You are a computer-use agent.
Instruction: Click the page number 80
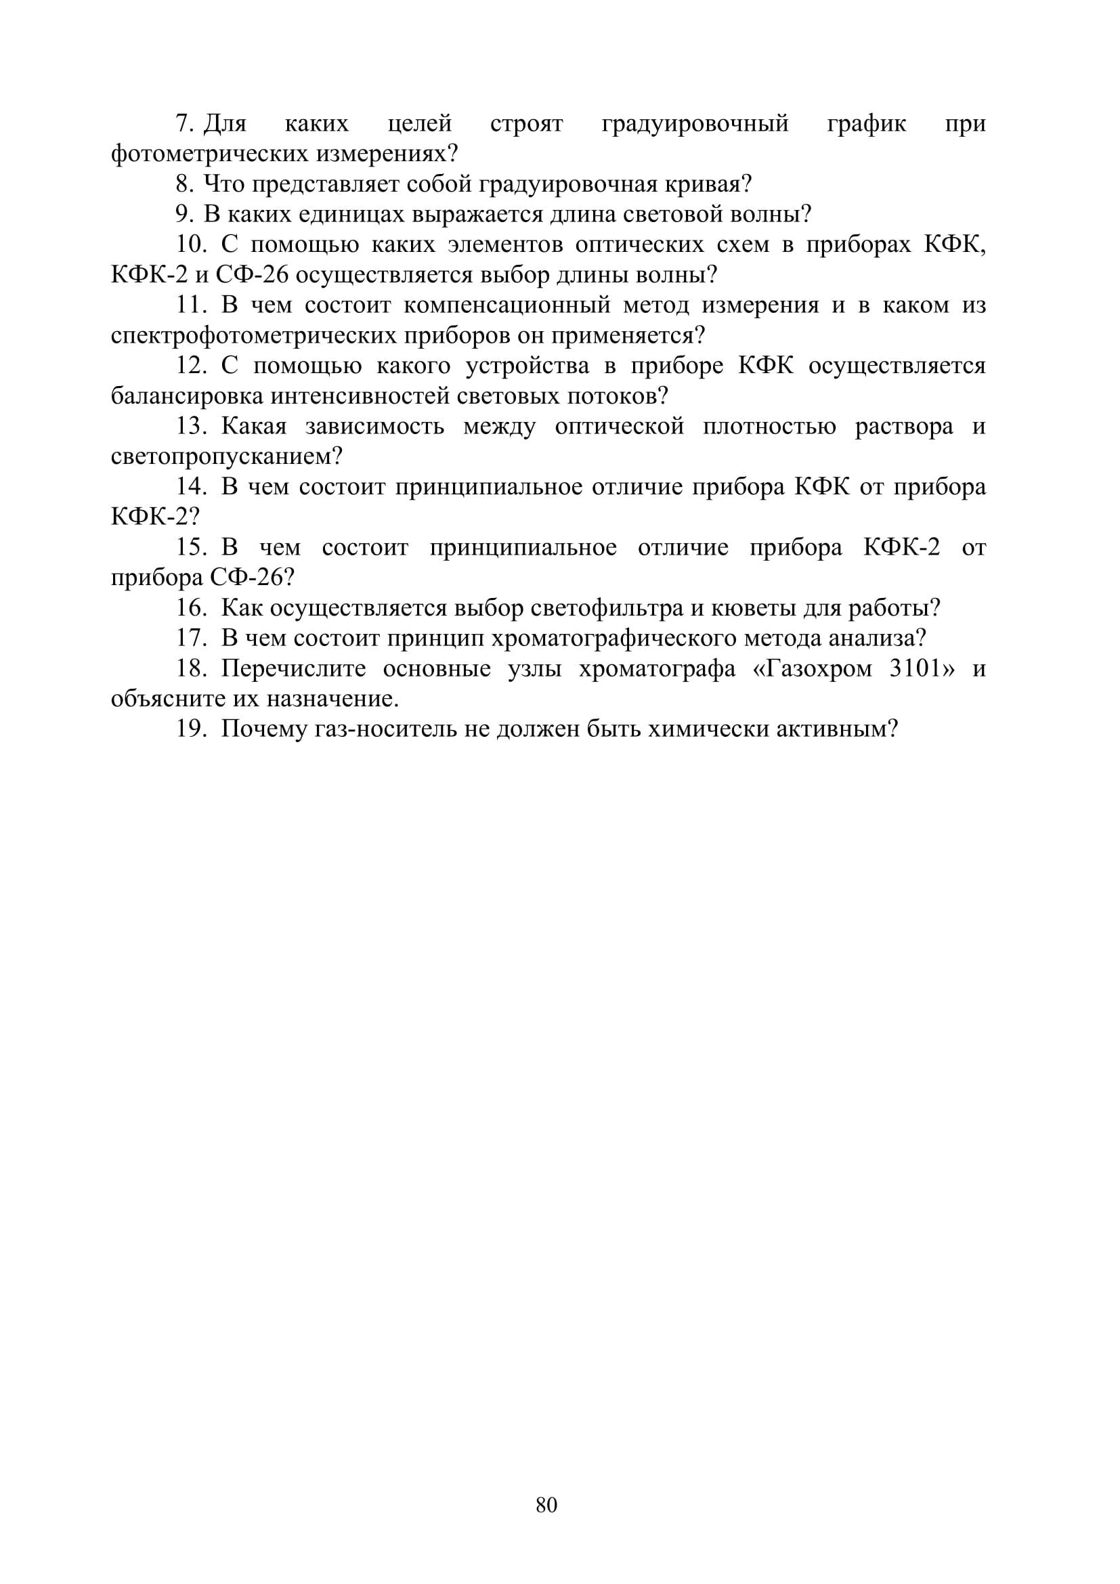click(546, 1505)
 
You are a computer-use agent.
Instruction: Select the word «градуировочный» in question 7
click(695, 123)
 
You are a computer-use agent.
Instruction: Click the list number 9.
click(184, 215)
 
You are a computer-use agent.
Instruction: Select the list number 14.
click(191, 486)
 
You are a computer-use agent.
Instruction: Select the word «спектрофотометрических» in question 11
click(253, 335)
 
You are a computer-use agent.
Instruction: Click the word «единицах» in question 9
click(351, 215)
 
